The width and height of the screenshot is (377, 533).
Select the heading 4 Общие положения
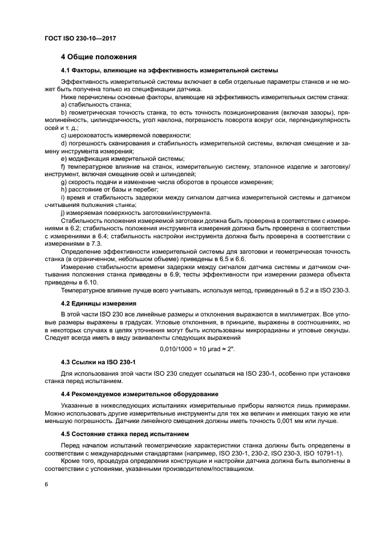click(99, 57)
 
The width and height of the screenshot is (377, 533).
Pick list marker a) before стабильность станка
click(64, 105)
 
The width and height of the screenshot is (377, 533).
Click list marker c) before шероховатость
click(64, 136)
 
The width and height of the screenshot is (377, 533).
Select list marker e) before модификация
click(64, 158)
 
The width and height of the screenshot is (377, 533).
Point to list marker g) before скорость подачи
click(64, 181)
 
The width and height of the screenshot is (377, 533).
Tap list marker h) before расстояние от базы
click(64, 189)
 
